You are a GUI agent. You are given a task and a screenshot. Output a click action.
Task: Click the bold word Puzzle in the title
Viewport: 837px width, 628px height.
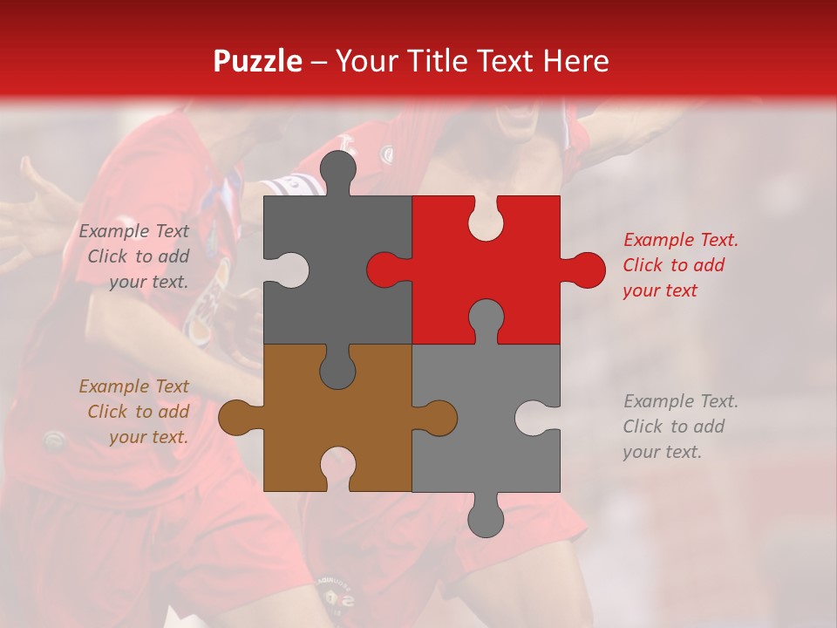pyautogui.click(x=258, y=61)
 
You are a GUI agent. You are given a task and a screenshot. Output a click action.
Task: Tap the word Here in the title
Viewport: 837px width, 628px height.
pyautogui.click(x=575, y=61)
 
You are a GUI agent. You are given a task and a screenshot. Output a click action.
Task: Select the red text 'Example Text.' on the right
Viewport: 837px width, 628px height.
pyautogui.click(x=680, y=240)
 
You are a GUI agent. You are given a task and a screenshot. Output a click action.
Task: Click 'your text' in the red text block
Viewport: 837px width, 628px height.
pyautogui.click(x=660, y=290)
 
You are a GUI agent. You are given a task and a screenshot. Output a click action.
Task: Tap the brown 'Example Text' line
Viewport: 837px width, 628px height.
pyautogui.click(x=133, y=386)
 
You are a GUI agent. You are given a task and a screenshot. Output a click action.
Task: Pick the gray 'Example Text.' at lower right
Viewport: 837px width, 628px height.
pyautogui.click(x=680, y=401)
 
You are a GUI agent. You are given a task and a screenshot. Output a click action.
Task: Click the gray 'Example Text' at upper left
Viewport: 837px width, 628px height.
pyautogui.click(x=133, y=231)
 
